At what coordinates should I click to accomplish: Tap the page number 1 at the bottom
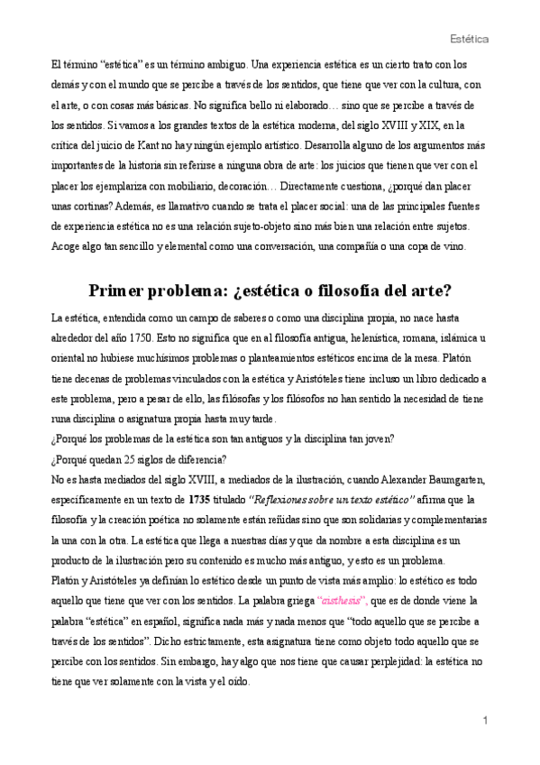click(485, 721)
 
